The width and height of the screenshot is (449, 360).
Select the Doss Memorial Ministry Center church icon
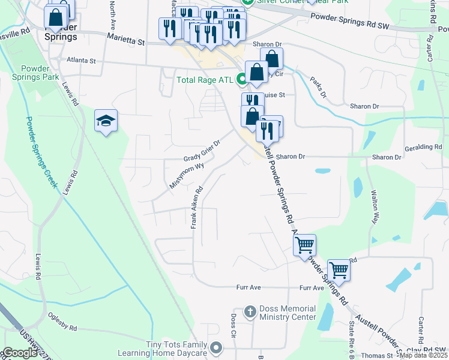tap(251, 312)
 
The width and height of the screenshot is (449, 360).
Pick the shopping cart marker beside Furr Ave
tap(339, 271)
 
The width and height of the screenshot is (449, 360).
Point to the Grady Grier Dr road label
tap(202, 151)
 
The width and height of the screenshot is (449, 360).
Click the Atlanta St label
tap(82, 61)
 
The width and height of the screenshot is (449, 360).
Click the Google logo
tap(20, 353)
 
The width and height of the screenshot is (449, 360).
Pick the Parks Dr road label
tap(318, 87)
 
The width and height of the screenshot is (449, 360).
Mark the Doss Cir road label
tap(234, 325)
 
